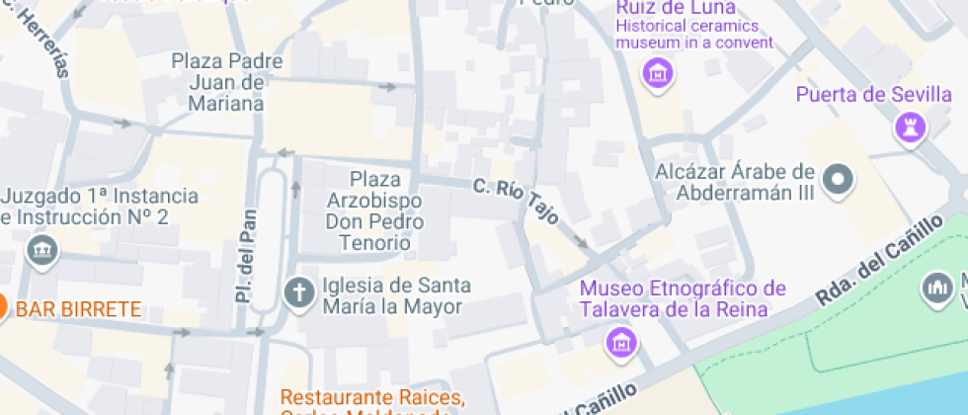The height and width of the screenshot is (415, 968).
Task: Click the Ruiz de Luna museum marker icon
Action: tap(656, 72)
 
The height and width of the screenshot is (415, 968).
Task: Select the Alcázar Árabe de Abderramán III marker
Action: tap(839, 180)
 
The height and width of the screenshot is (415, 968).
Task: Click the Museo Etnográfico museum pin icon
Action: tap(621, 342)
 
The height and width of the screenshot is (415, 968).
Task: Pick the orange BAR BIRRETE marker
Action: tap(2, 309)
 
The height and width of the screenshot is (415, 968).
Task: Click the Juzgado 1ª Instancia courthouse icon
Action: tap(41, 252)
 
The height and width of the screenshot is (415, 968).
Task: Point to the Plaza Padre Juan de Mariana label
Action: tap(227, 82)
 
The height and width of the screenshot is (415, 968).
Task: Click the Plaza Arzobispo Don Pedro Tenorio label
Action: tap(375, 210)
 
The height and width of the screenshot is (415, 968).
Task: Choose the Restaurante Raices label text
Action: tap(372, 397)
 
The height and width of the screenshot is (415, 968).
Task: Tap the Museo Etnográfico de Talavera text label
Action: tap(683, 298)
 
